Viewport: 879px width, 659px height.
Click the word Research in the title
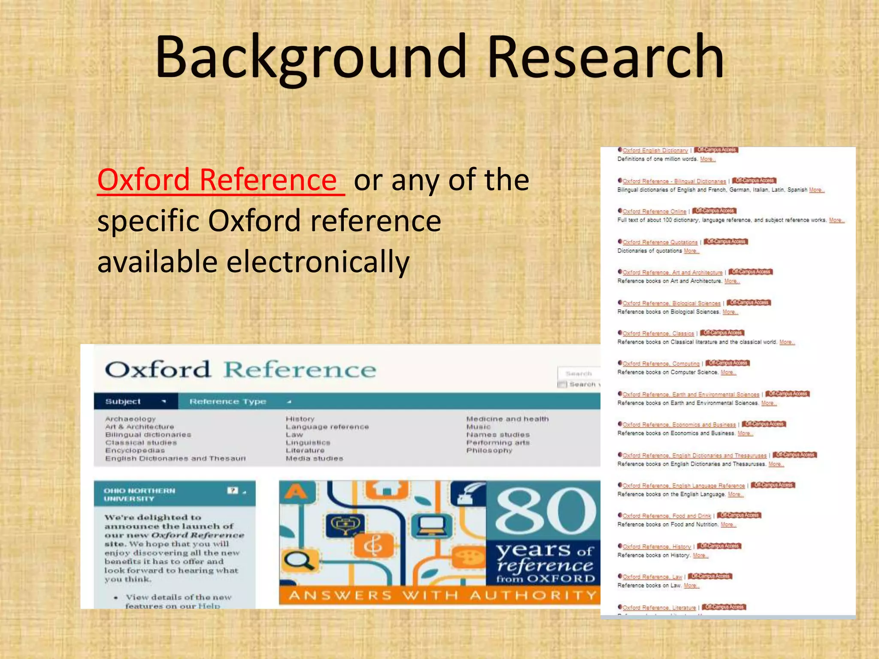point(605,58)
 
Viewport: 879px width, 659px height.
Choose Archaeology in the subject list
point(130,419)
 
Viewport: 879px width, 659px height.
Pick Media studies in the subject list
point(315,459)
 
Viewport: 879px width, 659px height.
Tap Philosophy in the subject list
point(489,450)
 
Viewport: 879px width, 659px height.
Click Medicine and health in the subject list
point(507,419)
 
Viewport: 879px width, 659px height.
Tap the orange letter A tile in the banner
point(295,492)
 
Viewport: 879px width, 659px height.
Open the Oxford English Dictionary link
point(655,151)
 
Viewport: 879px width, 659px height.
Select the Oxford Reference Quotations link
point(660,242)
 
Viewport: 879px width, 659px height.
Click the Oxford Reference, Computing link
point(661,364)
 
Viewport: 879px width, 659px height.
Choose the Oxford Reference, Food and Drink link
point(667,516)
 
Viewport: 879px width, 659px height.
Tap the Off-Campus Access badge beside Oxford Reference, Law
point(710,576)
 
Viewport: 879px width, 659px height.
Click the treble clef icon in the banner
point(373,546)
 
